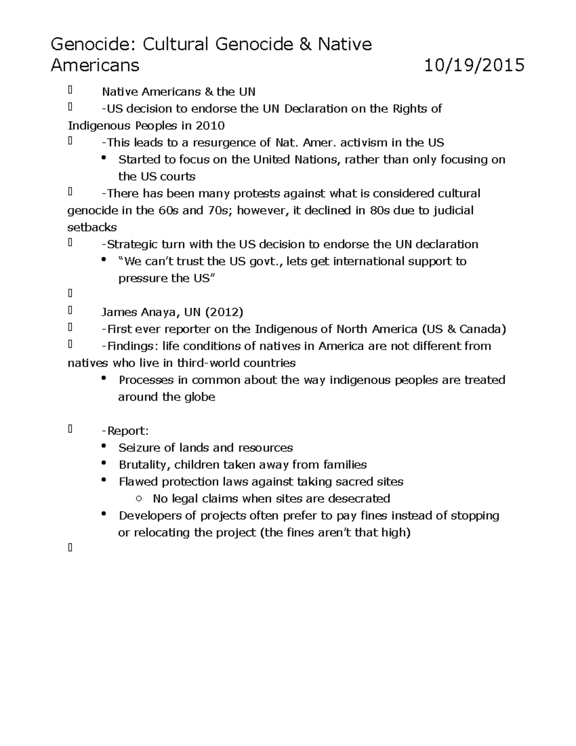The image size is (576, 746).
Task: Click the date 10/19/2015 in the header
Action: point(474,65)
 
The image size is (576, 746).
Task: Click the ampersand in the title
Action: point(305,45)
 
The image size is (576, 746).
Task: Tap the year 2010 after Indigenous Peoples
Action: point(210,126)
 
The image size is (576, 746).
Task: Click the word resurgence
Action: point(225,143)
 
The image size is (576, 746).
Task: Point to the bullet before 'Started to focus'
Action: point(104,159)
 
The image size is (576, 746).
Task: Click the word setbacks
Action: point(92,227)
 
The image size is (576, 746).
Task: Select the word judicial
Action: point(453,210)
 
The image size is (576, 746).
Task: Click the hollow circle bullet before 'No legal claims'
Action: point(139,499)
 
